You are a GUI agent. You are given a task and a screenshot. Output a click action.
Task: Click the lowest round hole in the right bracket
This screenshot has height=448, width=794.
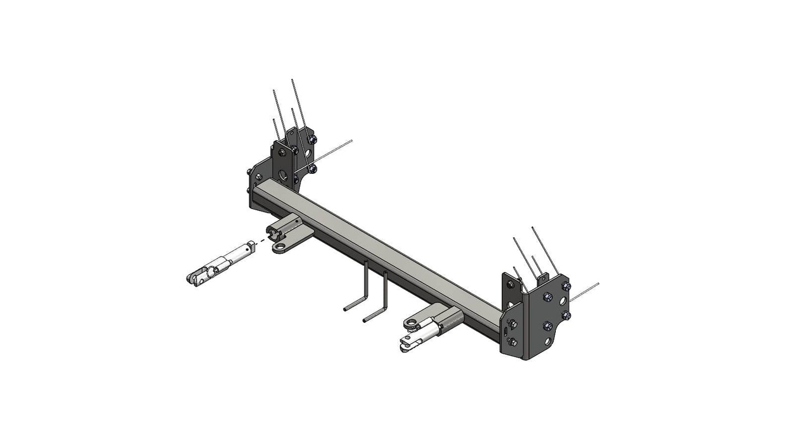tap(547, 342)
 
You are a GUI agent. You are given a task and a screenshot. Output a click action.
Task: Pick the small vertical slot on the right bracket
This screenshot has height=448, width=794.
tap(505, 330)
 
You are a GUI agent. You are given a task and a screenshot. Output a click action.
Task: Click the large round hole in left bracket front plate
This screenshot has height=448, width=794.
tap(283, 175)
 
